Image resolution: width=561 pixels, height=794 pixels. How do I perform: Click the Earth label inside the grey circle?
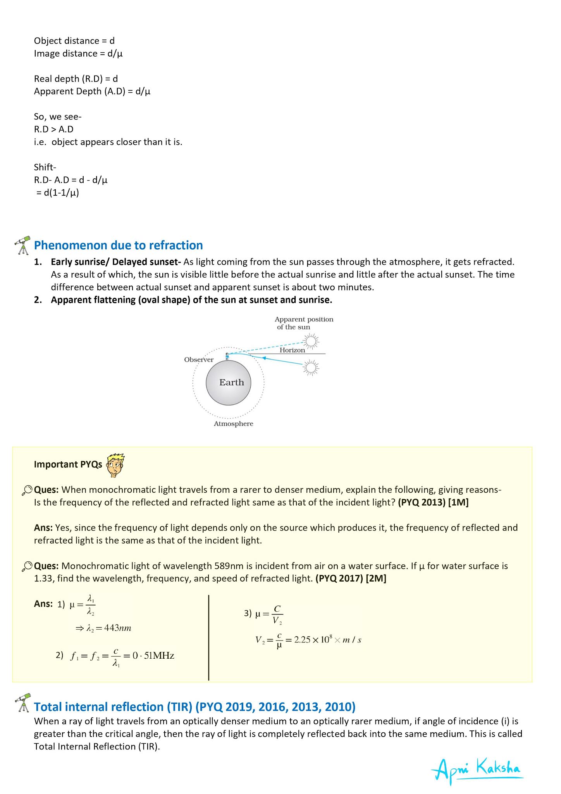(231, 382)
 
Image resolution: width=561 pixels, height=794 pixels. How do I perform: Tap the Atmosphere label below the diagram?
(233, 424)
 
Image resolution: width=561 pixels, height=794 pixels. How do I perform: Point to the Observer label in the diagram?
(199, 359)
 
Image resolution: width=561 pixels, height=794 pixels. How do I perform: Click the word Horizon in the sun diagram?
(292, 350)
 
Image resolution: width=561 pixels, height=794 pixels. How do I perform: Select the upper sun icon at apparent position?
(310, 341)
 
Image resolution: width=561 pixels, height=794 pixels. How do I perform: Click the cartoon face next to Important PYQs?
(115, 465)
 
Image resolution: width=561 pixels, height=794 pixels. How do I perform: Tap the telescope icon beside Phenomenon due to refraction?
(23, 245)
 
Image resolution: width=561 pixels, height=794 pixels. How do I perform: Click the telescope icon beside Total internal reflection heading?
(23, 703)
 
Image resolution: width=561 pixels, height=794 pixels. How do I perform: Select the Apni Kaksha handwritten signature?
(477, 769)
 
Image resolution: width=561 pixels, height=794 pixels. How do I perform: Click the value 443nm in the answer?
(117, 628)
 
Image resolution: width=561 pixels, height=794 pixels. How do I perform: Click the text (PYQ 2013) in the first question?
(422, 502)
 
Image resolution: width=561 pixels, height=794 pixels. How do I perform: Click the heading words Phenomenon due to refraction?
(118, 245)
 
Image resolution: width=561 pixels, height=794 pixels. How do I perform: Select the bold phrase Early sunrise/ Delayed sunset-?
(116, 262)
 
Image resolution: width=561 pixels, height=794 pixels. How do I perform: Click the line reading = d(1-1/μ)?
(57, 193)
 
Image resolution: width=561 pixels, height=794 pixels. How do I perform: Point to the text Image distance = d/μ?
(78, 54)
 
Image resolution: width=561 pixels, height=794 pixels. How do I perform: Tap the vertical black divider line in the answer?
(209, 637)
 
